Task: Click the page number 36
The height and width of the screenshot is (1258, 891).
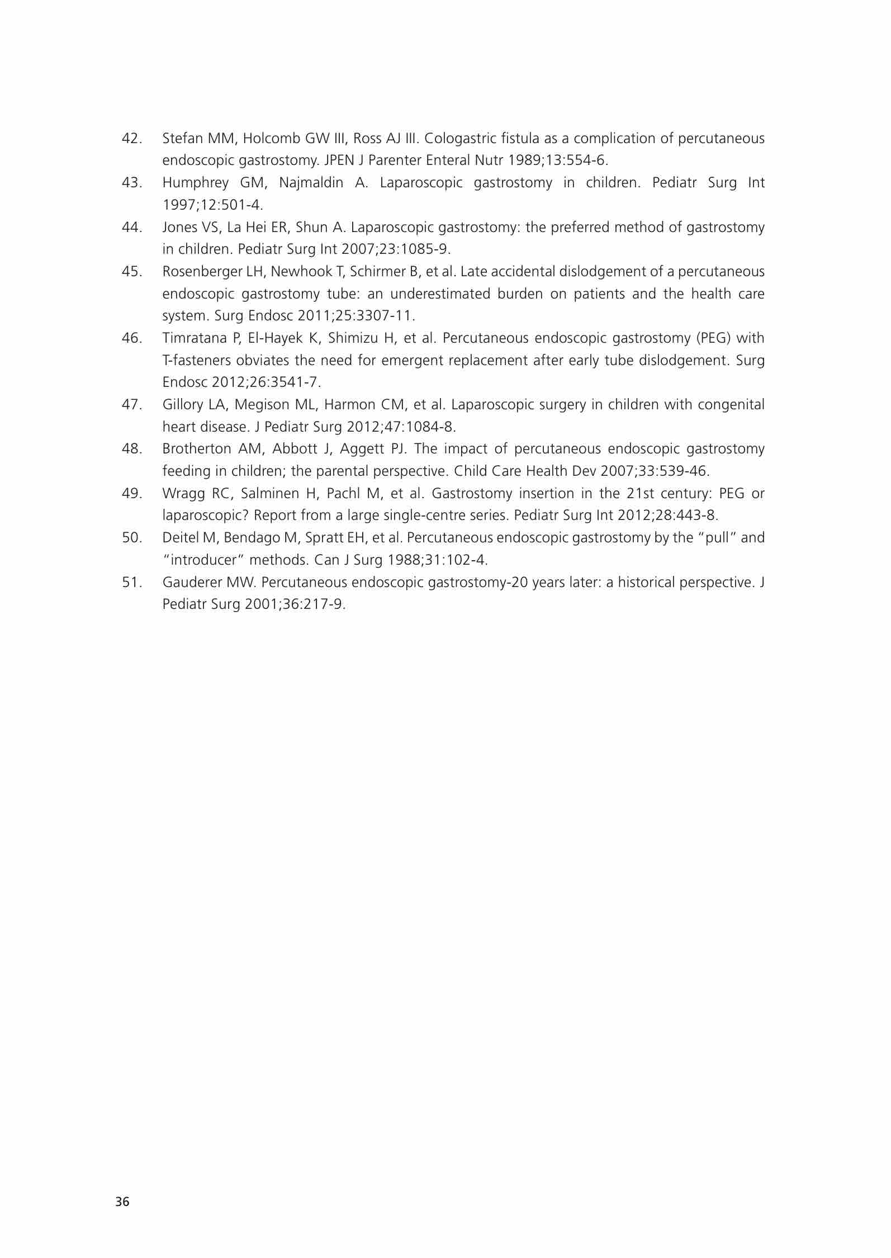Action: [x=122, y=1202]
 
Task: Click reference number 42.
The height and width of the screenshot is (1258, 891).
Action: [x=131, y=138]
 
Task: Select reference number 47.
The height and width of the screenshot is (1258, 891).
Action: [x=131, y=404]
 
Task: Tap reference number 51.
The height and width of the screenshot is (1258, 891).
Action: [x=131, y=582]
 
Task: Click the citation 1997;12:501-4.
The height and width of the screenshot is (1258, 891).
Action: [x=212, y=205]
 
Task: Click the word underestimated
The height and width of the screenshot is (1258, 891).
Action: [x=440, y=294]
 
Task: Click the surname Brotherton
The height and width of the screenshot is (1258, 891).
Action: [x=197, y=449]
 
